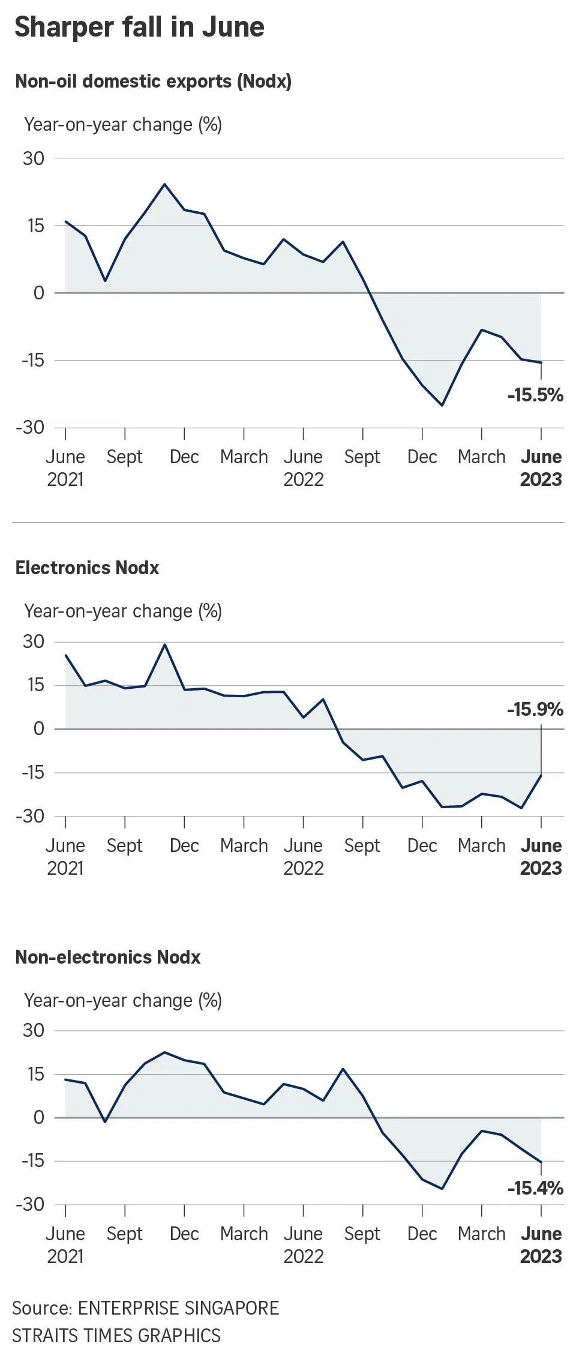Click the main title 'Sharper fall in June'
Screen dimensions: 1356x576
coord(139,28)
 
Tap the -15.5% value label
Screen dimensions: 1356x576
coord(535,395)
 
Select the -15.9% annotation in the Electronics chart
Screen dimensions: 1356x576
coord(535,710)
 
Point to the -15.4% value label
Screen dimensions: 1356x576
coord(535,1188)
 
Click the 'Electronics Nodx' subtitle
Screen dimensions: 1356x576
coord(88,568)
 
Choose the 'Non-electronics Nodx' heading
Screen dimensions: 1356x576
coord(108,957)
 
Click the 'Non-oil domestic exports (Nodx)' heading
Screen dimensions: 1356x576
coord(154,82)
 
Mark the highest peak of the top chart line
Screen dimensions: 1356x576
coord(164,184)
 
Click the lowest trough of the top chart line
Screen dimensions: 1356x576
coord(442,406)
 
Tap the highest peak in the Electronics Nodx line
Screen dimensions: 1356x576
coord(164,644)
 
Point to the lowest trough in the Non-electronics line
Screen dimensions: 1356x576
coord(442,1189)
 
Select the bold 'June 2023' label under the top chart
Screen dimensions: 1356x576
coord(541,468)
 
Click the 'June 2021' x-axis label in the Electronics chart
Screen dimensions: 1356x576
coord(65,857)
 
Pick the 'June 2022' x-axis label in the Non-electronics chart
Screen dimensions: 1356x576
coord(303,1245)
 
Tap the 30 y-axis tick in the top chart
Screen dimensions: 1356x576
coord(34,158)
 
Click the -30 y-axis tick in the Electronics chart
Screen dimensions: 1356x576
coord(31,816)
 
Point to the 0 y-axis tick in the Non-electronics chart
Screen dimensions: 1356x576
coord(39,1117)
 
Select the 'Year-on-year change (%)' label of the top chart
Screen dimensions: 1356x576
coord(123,125)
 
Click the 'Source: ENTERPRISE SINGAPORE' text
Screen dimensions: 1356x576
coord(146,1308)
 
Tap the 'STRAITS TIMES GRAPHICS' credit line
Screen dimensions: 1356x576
coord(116,1336)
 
